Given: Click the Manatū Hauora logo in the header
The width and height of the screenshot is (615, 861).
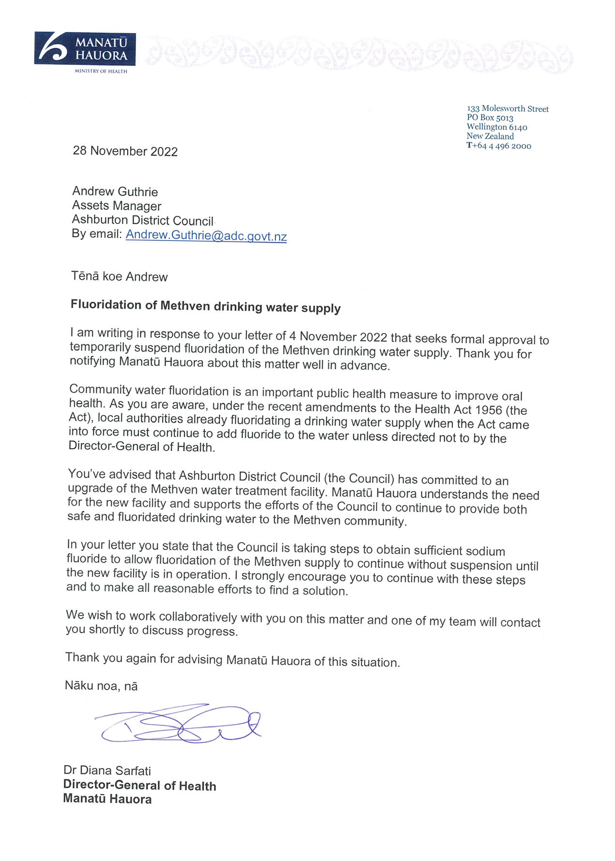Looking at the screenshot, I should click(x=85, y=49).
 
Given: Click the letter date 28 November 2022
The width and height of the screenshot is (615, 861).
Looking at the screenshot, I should click(x=125, y=151).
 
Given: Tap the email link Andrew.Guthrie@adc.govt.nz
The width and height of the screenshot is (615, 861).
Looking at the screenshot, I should click(x=206, y=236).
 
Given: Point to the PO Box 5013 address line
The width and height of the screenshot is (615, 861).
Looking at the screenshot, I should click(x=490, y=118).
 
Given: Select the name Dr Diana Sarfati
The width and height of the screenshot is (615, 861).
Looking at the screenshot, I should click(x=107, y=770).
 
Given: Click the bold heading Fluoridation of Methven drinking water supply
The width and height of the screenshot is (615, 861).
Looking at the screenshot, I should click(x=206, y=306).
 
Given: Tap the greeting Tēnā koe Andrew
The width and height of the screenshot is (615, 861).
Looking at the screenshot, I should click(x=120, y=276).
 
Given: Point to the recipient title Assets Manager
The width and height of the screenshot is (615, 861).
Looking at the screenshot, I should click(x=117, y=206).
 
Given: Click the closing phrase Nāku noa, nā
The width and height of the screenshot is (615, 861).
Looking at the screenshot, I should click(x=101, y=686).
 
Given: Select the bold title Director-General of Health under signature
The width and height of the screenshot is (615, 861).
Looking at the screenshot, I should click(x=139, y=785).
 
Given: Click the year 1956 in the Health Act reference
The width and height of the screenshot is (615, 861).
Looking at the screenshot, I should click(x=488, y=409).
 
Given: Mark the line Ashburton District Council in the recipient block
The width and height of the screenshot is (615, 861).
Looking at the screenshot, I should click(x=142, y=220).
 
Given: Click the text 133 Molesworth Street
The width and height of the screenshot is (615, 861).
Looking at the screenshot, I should click(x=508, y=109).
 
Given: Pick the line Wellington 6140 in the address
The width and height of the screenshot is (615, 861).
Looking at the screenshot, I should click(x=496, y=127).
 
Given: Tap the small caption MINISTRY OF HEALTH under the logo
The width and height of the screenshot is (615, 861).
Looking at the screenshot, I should click(x=101, y=71).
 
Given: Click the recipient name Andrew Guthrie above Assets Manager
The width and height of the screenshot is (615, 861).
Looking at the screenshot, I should click(x=115, y=192).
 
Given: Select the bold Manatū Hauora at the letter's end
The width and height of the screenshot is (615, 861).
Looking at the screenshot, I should click(x=107, y=799).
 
